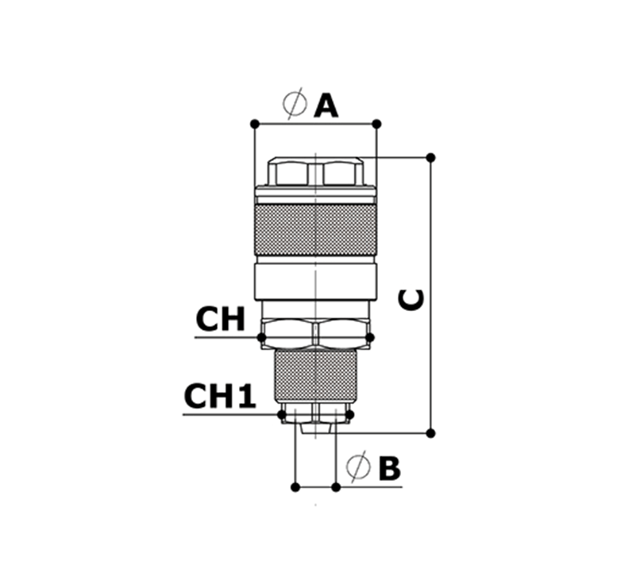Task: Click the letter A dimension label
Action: [326, 106]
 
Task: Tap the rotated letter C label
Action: [411, 300]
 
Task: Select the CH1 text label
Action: [220, 396]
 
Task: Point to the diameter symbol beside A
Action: [295, 103]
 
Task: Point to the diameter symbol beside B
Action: [358, 466]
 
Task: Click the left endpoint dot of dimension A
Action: [255, 124]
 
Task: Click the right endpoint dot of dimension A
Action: [376, 124]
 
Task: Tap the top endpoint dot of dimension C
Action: [430, 157]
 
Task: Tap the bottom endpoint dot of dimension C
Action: [430, 433]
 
